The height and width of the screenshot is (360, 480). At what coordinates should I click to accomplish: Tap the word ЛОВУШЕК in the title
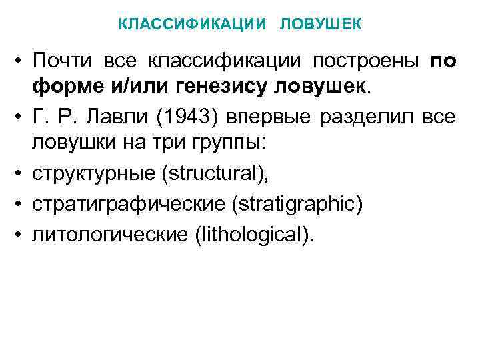pyautogui.click(x=321, y=24)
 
